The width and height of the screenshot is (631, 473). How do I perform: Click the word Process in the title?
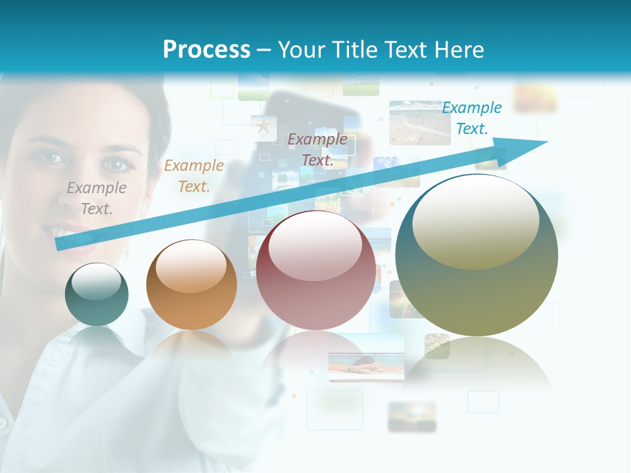point(206,50)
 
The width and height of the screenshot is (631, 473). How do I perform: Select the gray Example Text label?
point(97,198)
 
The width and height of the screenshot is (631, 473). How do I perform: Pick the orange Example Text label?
point(194,176)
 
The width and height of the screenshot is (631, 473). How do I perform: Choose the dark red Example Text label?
point(317,149)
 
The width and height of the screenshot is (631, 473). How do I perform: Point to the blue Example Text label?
point(472,118)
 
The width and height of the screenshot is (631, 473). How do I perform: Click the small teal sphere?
point(97,295)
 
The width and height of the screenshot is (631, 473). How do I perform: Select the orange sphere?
point(191,284)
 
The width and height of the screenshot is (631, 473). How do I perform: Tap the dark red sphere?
point(315,270)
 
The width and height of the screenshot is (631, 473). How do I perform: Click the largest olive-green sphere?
point(477,256)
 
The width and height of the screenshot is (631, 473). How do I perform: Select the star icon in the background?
point(264,125)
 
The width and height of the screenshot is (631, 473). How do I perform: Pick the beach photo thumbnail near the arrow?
point(419,122)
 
